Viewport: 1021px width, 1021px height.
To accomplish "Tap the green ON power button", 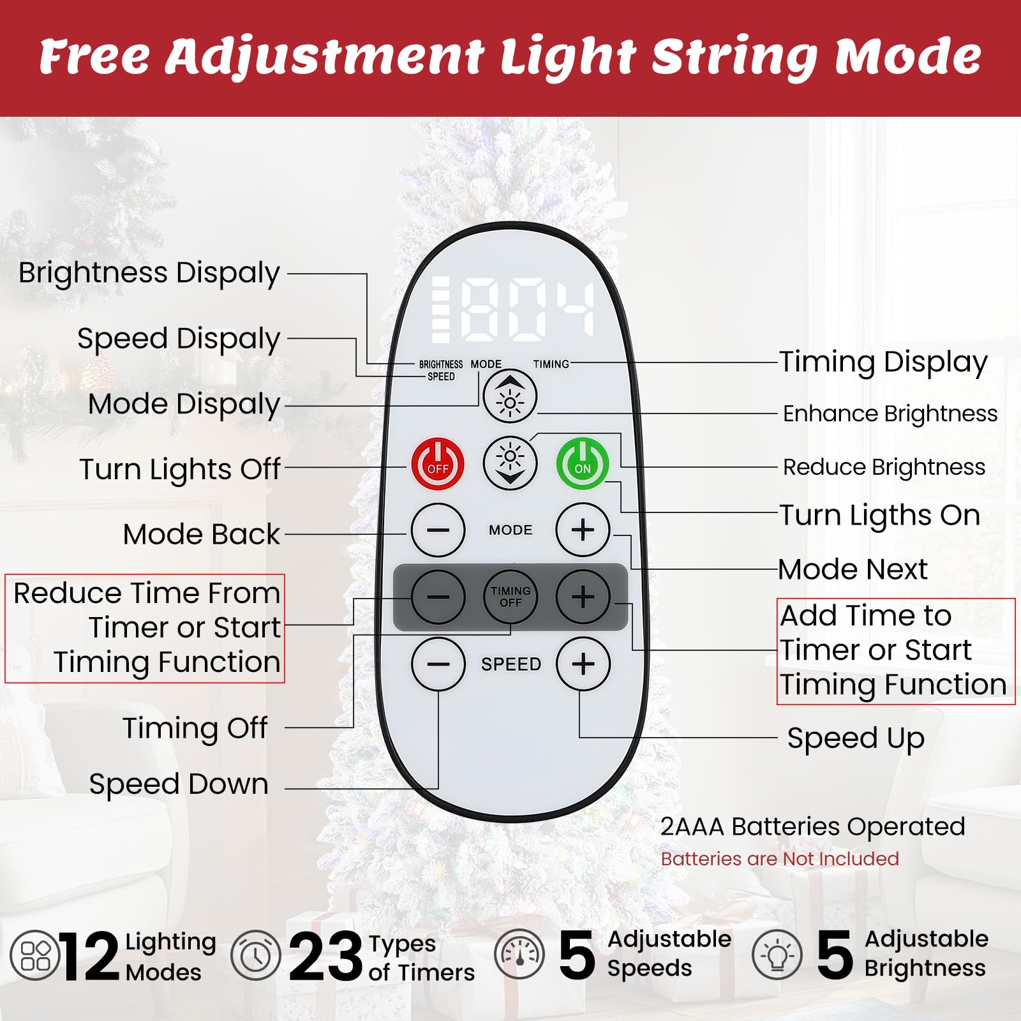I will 583,464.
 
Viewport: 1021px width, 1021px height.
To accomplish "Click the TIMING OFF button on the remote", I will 511,597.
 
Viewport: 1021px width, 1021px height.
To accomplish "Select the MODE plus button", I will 583,530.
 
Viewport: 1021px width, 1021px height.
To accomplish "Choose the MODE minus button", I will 438,530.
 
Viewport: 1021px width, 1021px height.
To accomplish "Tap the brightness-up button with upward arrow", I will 510,397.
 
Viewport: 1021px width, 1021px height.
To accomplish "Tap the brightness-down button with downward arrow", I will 510,464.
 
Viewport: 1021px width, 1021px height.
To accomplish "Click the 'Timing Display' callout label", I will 883,362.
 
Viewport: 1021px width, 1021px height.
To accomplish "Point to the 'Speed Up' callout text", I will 856,738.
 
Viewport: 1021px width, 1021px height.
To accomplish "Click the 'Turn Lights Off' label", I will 179,469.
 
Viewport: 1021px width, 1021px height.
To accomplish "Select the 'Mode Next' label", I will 853,569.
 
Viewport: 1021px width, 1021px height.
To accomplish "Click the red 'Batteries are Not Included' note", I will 780,859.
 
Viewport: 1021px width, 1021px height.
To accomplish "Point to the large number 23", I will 325,956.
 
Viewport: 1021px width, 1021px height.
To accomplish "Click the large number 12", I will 90,956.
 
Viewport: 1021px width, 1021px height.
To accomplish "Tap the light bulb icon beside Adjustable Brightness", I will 777,955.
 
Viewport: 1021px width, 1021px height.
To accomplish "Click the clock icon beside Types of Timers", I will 255,955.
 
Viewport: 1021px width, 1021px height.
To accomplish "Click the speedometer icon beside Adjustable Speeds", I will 519,955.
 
